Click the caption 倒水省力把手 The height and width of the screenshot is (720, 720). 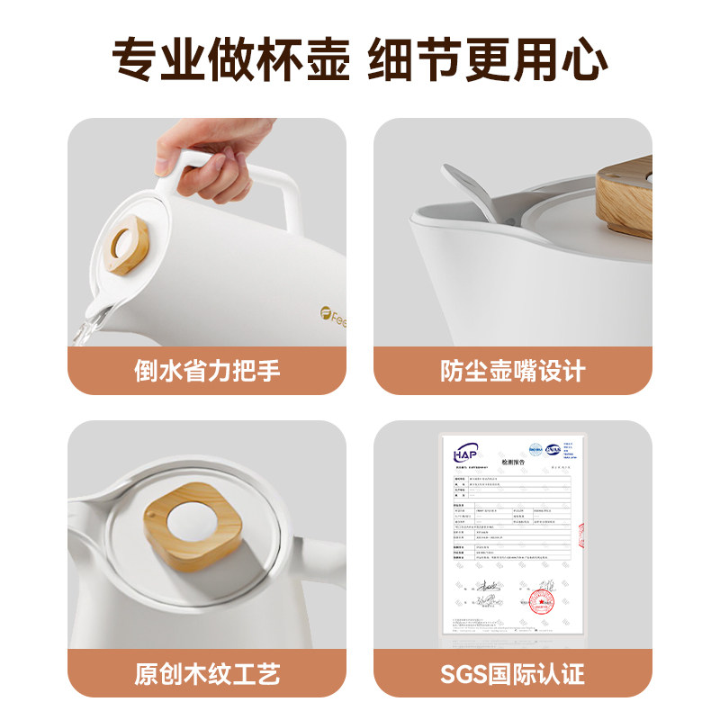(207, 370)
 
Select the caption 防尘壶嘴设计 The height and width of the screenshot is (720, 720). (512, 370)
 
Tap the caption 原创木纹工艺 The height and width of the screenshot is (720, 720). (207, 672)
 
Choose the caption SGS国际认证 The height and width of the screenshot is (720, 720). (512, 672)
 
